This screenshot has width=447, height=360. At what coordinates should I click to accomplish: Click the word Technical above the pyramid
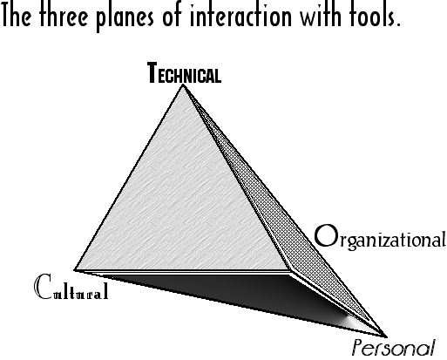[x=184, y=73]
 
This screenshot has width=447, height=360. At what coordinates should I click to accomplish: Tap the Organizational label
[x=380, y=237]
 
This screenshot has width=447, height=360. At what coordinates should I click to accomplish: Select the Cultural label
[x=71, y=287]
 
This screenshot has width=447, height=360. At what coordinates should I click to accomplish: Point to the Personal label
[x=394, y=348]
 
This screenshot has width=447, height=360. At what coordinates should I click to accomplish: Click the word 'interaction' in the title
[x=240, y=15]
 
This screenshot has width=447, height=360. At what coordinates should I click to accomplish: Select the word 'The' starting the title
[x=17, y=15]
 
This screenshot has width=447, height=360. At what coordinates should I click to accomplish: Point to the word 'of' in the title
[x=173, y=15]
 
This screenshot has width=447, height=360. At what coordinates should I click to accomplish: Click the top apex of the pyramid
[x=183, y=85]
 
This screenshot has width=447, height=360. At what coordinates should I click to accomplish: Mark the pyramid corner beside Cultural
[x=75, y=270]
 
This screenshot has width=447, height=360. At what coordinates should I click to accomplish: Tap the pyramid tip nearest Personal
[x=387, y=337]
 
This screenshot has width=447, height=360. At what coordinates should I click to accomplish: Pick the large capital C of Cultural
[x=44, y=287]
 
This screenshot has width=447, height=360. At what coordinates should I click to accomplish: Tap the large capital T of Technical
[x=152, y=72]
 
